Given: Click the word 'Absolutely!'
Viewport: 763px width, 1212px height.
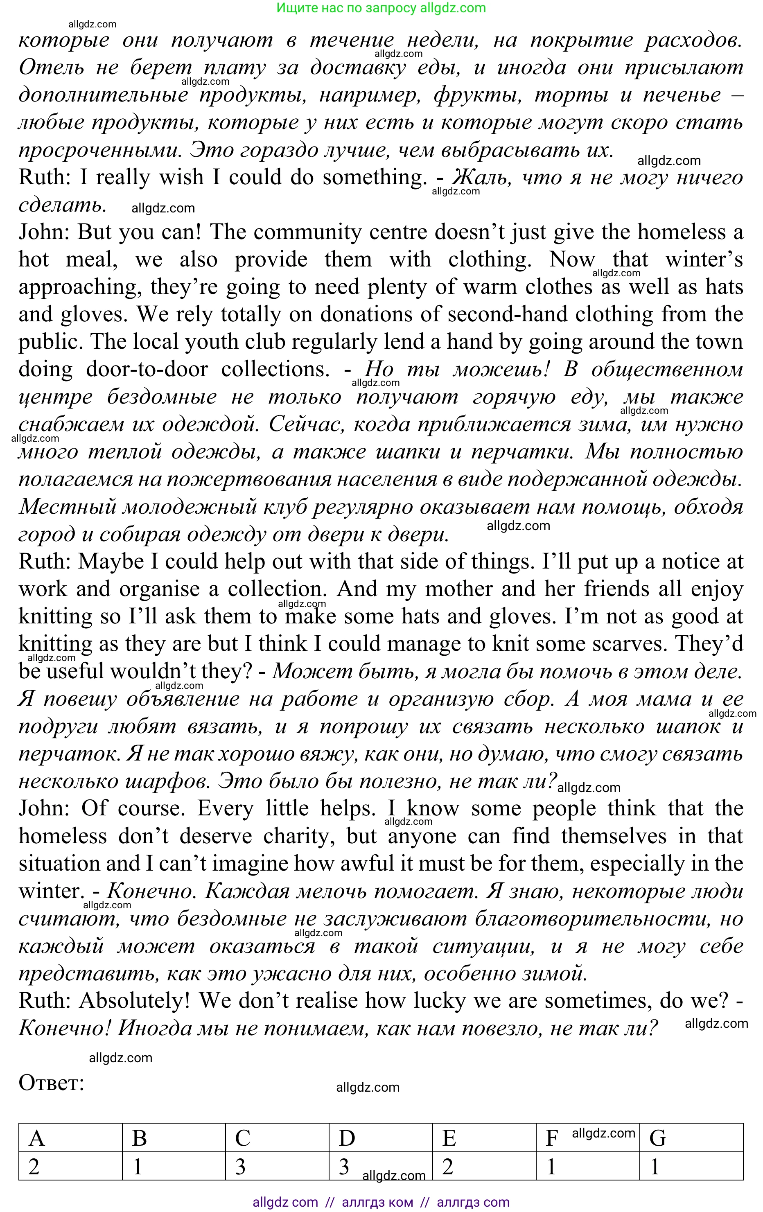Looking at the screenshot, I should [x=133, y=1001].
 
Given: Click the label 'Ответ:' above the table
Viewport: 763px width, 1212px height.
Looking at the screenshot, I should [x=51, y=1083].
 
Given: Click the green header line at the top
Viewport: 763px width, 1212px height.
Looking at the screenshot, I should [x=381, y=8].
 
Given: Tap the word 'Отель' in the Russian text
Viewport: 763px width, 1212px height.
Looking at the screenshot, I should [x=51, y=68].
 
